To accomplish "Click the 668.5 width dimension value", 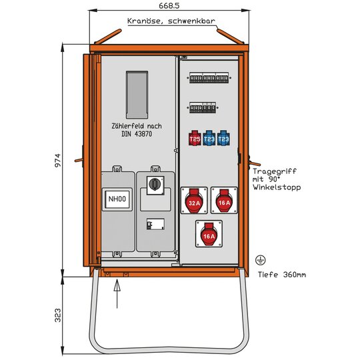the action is coord(169,5).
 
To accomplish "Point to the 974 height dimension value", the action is coord(58,160).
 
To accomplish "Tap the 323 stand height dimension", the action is coord(58,315).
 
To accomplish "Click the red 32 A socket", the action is coord(194,201).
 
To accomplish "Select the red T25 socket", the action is coord(195,138).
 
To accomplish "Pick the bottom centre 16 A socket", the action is coord(209,234).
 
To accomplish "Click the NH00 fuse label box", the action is coord(117,199).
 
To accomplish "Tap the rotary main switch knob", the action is coord(155,184).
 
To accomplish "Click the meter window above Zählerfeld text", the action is coord(137,95).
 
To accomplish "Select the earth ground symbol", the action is coord(261,260).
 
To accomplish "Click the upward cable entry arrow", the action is coord(117,293).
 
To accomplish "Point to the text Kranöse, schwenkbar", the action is coord(171,21).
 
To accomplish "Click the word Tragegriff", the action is coord(275,171).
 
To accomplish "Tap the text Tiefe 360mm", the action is coord(282,275).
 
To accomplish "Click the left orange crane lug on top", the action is coord(108,36).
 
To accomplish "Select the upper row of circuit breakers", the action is coord(209,78).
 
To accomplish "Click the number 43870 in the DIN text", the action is coord(143,134).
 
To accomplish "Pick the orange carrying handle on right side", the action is coord(254,163).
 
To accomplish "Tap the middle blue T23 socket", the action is coord(209,138).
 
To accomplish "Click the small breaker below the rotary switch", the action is coord(155,224).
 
